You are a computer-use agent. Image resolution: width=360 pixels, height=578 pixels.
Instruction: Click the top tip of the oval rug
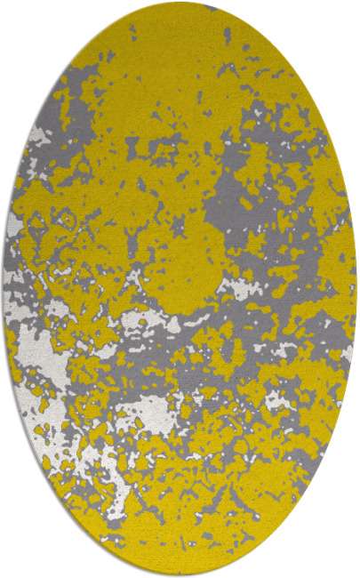pyautogui.click(x=180, y=3)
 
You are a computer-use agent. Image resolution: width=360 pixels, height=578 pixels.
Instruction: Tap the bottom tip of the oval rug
pyautogui.click(x=180, y=575)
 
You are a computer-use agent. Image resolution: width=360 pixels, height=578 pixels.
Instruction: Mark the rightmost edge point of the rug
pyautogui.click(x=356, y=289)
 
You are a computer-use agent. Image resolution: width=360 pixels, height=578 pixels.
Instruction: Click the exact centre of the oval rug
pyautogui.click(x=180, y=289)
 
